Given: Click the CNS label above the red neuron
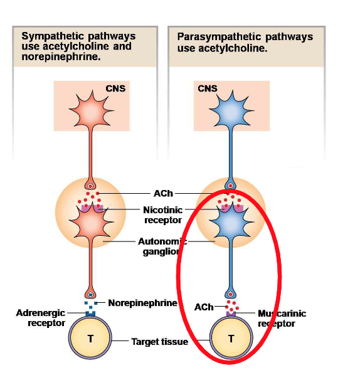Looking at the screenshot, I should click(116, 88).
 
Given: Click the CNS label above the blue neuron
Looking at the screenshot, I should click(207, 88).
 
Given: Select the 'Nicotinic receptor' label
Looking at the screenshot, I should click(163, 215).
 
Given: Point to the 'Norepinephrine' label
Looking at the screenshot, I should click(142, 303).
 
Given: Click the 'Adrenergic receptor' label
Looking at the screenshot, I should click(42, 317).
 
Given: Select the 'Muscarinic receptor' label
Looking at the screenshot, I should click(282, 318).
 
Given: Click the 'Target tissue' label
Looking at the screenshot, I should click(159, 342).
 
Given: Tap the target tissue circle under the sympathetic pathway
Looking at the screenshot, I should click(90, 339).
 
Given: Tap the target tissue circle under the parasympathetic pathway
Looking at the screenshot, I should click(231, 339).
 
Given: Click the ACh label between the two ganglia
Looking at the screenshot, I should click(163, 193).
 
